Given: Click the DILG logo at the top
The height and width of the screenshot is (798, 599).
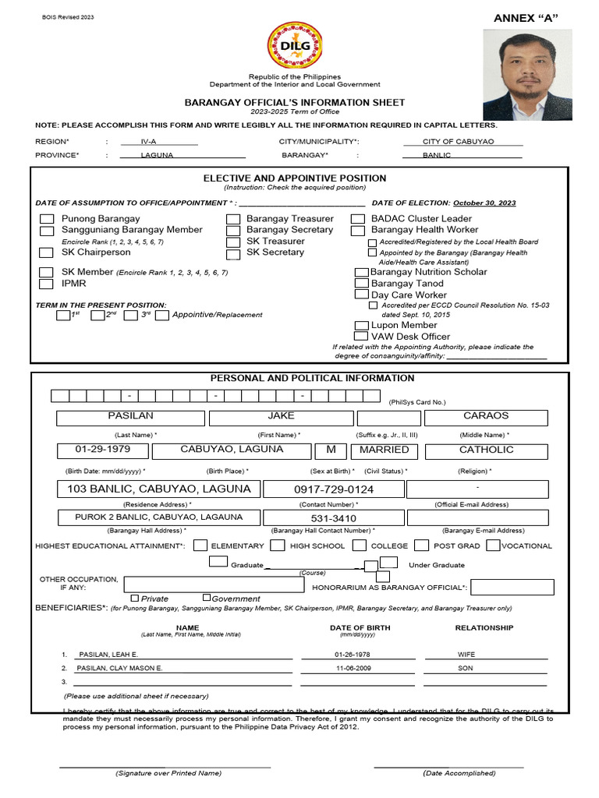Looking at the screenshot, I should point(295,46).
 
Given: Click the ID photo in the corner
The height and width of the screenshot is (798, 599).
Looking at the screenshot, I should point(527,75).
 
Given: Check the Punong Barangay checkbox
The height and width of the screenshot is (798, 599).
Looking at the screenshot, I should point(48,220).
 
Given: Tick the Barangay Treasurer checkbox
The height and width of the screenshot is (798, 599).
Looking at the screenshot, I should point(233,220).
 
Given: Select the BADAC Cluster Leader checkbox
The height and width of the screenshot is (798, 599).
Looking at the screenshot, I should point(358,220).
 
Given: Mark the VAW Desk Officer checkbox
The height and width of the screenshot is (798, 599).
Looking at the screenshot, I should point(362,337).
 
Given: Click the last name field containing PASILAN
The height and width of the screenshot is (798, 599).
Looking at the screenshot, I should point(130,417).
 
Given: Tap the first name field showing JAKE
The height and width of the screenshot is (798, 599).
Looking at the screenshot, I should point(281,417).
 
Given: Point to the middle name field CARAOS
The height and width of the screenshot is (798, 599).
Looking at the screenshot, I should point(485,417).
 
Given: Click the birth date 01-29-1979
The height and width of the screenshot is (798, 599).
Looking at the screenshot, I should point(102,450).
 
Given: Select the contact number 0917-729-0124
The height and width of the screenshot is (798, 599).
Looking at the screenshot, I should point(334,489).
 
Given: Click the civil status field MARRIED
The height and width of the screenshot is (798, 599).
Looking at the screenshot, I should point(384,450).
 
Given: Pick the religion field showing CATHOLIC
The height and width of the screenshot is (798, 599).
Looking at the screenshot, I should point(486,450).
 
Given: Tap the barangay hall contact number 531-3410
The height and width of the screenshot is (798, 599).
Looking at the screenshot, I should point(334,517).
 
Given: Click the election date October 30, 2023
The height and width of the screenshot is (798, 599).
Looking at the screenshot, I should point(484,203).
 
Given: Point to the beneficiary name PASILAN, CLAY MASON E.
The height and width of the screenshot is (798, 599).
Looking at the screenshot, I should point(120,669).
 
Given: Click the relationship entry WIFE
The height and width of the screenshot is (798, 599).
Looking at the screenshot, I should point(466,655).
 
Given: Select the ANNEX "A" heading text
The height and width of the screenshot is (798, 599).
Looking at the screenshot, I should point(526,18).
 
